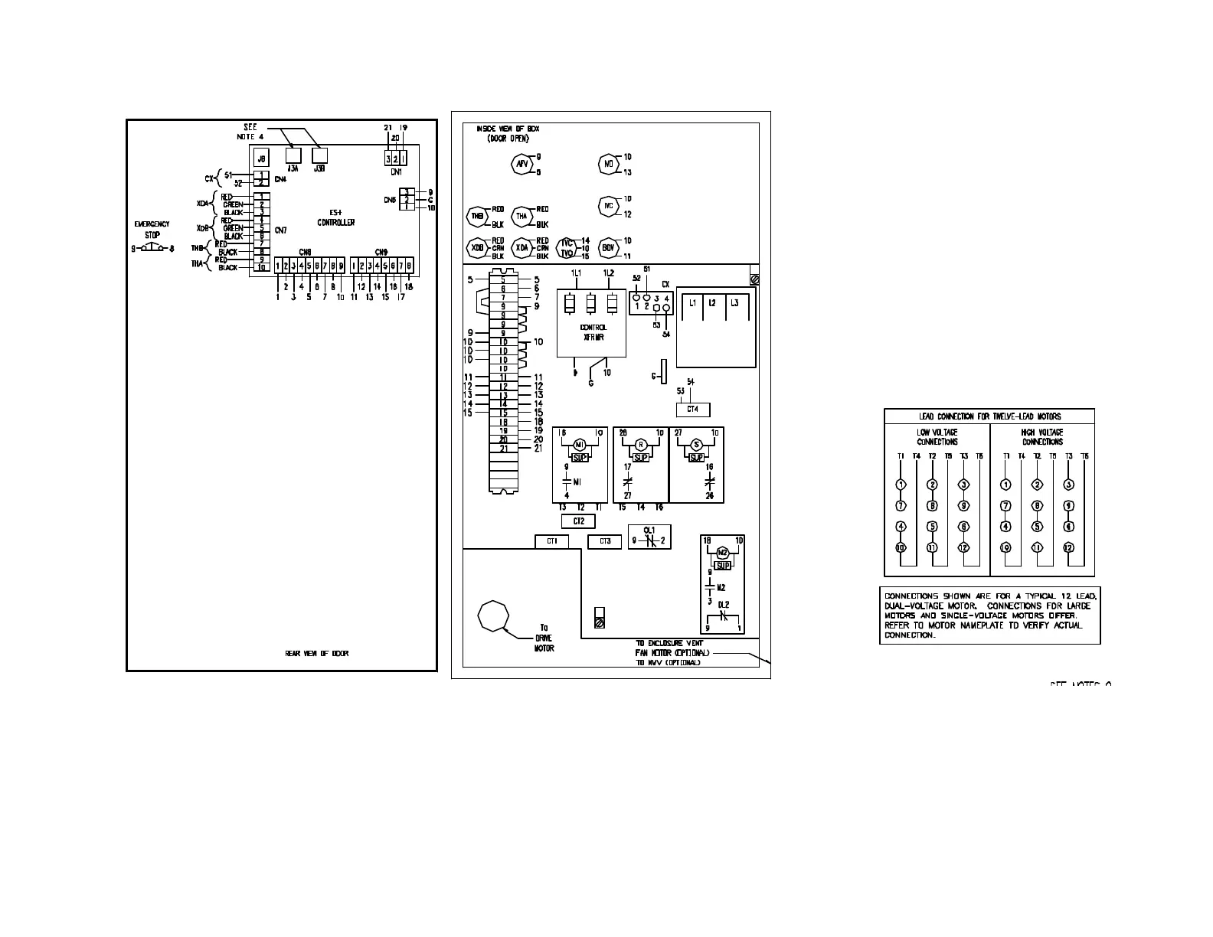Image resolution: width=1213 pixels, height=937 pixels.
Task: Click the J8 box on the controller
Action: point(261,158)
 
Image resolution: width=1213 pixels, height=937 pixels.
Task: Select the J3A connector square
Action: point(293,155)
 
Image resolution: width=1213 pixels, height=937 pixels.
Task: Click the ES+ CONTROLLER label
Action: point(336,218)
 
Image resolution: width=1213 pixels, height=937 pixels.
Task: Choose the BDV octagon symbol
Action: point(608,248)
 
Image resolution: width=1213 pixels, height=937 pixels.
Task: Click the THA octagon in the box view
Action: point(522,217)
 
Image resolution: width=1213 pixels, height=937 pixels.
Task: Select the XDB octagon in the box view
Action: point(478,248)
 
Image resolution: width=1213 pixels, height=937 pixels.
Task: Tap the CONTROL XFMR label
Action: point(593,331)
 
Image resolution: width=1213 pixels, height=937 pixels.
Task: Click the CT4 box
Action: point(692,410)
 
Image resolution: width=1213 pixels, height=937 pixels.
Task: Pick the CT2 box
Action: point(578,521)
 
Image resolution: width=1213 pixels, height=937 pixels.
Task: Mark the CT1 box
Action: point(551,542)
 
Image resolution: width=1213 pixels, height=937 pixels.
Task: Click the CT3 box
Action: point(604,542)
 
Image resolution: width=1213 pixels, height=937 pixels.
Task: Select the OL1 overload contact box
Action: point(649,537)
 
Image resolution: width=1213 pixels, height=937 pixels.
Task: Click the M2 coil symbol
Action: point(722,553)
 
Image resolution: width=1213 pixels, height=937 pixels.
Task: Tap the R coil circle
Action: point(641,445)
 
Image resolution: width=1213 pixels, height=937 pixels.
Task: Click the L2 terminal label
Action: point(712,303)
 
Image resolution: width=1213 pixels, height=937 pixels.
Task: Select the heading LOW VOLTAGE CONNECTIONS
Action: point(937,437)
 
